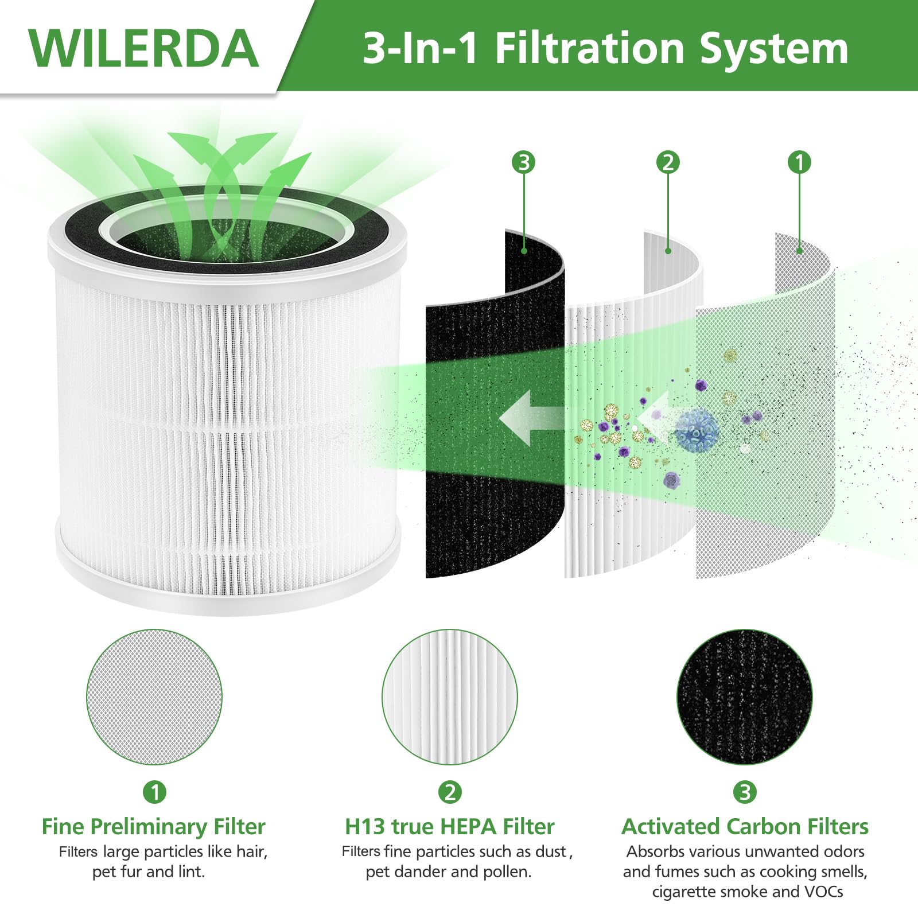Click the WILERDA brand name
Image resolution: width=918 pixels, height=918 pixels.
(143, 48)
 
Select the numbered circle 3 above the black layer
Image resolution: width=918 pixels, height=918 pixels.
(523, 162)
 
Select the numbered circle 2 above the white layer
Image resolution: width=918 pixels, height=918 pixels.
(668, 162)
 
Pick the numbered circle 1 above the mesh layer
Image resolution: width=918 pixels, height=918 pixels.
(800, 162)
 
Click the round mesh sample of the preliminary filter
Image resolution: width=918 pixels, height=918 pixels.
(154, 697)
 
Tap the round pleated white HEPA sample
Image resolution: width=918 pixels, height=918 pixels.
(450, 697)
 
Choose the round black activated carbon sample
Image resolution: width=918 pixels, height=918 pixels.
(745, 697)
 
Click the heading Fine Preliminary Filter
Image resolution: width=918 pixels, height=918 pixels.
(153, 827)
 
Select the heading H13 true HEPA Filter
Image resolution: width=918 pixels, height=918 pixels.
(450, 827)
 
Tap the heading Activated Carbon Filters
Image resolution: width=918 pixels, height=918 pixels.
(745, 827)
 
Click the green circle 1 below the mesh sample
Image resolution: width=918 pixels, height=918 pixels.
(154, 792)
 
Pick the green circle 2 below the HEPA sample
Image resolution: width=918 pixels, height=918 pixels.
(450, 792)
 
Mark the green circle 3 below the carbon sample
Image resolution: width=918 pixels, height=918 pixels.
(745, 792)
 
